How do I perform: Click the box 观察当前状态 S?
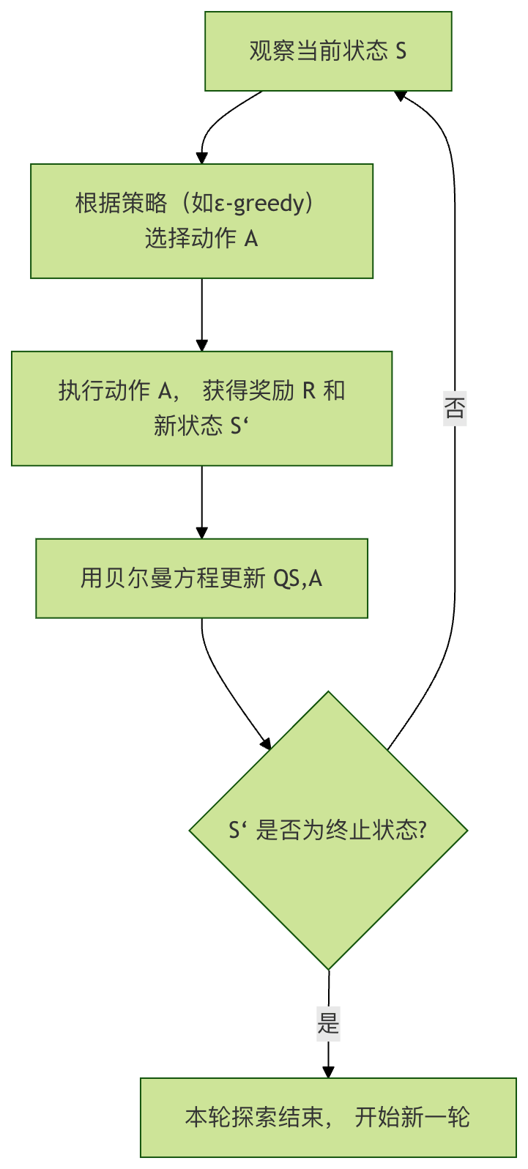(x=328, y=51)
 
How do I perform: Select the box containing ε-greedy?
(x=201, y=220)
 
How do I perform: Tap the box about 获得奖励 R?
(x=201, y=408)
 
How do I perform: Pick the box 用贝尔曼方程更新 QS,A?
(x=201, y=579)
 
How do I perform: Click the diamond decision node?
(x=328, y=831)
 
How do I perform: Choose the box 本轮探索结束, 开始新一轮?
(x=328, y=1117)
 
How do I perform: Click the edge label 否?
(x=455, y=408)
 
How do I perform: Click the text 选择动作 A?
(x=201, y=238)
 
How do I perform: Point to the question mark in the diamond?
(x=421, y=831)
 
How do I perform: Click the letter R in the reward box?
(x=309, y=390)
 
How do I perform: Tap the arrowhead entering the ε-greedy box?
(x=202, y=158)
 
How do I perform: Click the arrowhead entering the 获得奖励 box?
(x=202, y=346)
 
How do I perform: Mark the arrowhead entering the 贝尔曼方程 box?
(x=202, y=533)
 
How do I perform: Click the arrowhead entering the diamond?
(x=266, y=744)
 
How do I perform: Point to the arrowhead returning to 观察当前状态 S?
(x=401, y=95)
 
